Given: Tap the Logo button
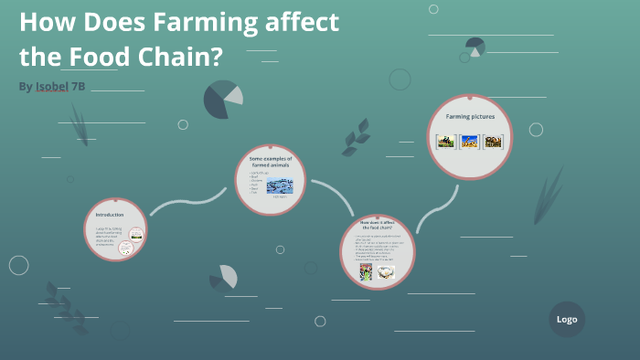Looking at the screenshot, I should click(566, 320).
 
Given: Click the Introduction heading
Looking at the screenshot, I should click(109, 214).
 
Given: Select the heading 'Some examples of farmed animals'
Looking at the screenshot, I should click(270, 162).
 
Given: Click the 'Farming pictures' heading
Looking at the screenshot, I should click(470, 117).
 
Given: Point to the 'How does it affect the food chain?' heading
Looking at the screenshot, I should click(377, 225).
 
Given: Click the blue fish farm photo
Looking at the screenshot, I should click(279, 185).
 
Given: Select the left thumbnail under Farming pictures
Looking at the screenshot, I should click(445, 142).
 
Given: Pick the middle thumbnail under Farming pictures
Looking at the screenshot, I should click(470, 142).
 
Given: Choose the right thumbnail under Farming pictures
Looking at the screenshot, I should click(494, 142).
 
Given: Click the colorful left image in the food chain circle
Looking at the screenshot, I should click(365, 272).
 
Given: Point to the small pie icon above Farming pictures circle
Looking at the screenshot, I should click(475, 46).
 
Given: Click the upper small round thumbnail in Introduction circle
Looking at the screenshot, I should click(136, 233).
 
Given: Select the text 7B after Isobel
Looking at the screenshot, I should click(80, 86).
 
